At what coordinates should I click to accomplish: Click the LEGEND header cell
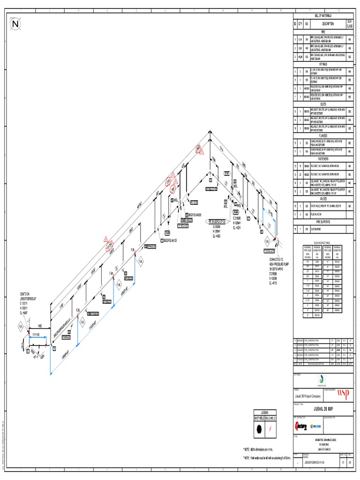pyautogui.click(x=265, y=412)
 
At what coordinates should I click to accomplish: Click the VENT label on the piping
pyautogui.click(x=226, y=173)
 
